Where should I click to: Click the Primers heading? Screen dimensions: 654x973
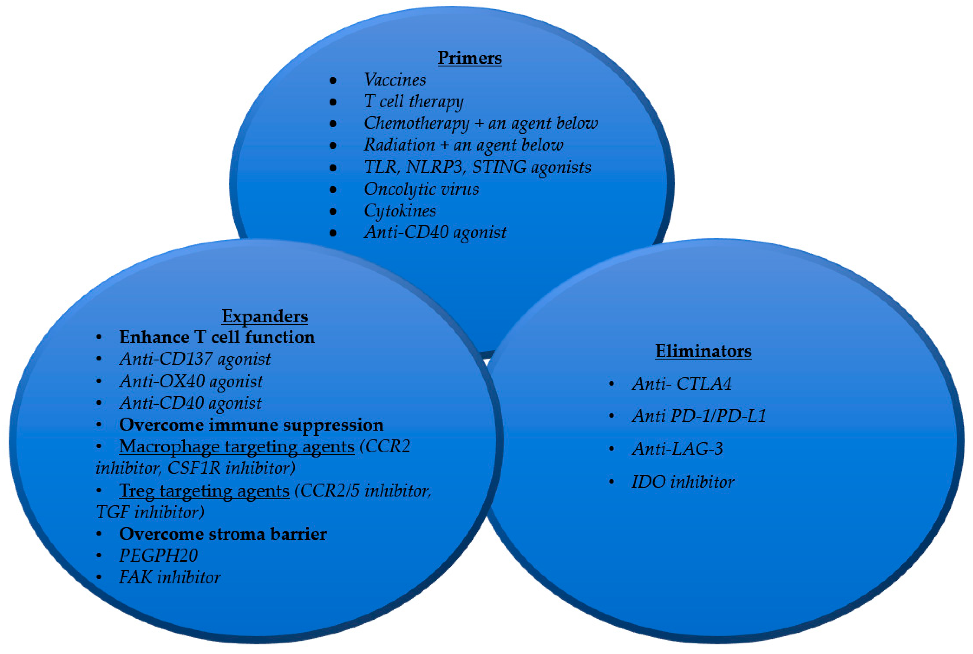point(470,58)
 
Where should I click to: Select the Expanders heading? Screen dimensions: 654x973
point(265,316)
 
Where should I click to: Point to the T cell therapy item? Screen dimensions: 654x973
point(414,102)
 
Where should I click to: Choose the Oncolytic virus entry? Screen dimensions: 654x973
point(421,189)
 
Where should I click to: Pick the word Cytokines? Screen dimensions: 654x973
point(400,211)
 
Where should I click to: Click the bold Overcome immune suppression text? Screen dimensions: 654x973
point(251,425)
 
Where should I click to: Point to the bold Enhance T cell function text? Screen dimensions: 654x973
point(217,337)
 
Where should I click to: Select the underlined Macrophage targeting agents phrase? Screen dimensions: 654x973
point(237,447)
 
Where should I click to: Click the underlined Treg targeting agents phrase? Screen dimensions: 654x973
point(204,491)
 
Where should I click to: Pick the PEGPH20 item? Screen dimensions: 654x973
point(159,556)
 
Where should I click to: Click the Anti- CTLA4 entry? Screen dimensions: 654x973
point(681,384)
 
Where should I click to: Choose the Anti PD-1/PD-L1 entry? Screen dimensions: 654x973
point(699,416)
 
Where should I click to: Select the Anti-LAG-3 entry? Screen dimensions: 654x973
point(677,449)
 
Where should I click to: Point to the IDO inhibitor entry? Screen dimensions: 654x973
point(683,482)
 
